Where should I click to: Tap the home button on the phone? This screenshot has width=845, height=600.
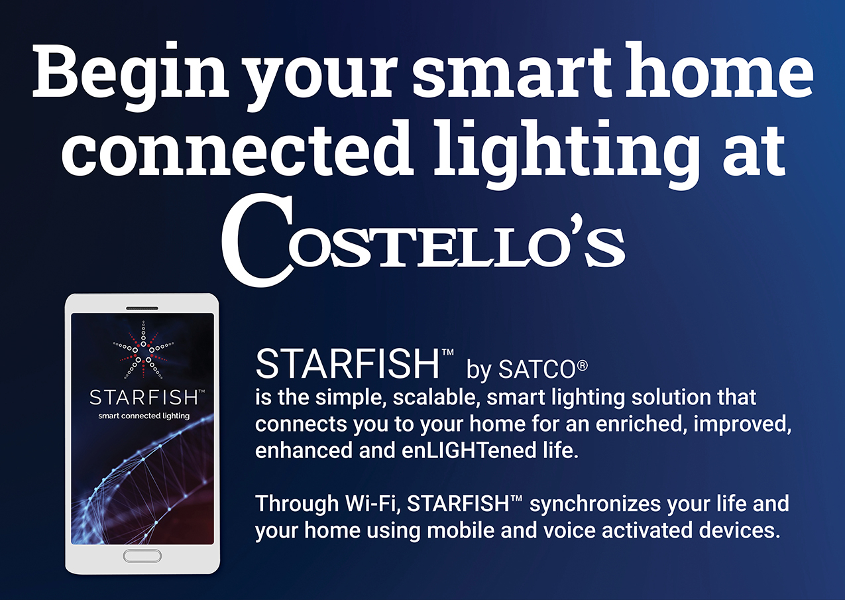142,556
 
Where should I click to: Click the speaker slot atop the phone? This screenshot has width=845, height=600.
142,308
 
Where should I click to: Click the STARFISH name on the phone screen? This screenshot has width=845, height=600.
144,397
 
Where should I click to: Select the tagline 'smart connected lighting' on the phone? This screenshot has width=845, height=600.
144,416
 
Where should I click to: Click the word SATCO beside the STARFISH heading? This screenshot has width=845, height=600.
537,369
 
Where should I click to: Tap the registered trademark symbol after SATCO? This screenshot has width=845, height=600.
582,365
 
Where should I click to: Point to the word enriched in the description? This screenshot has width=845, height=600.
642,424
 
